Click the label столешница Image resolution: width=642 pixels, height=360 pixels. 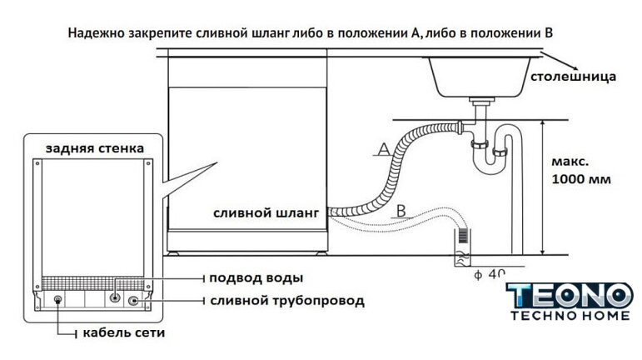tap(573, 77)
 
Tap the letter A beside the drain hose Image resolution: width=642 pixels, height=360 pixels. tap(384, 149)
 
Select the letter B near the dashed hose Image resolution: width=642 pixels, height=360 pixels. tap(401, 211)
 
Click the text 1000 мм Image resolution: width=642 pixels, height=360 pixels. tap(581, 179)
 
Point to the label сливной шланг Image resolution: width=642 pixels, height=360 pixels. tap(266, 213)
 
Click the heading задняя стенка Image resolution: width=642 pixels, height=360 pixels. tap(95, 148)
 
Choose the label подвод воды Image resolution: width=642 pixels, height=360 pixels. tap(256, 278)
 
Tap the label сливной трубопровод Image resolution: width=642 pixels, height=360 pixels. tap(287, 301)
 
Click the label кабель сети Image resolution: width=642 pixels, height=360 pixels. tap(123, 332)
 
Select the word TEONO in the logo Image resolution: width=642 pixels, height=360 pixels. tap(570, 296)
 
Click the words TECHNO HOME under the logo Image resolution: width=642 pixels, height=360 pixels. tap(570, 315)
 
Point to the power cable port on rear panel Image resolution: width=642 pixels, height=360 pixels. tap(58, 301)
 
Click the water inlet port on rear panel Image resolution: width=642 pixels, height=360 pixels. tap(116, 297)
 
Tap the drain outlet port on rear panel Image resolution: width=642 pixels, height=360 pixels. tap(133, 301)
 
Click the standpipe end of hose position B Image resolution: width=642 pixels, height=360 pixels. tap(463, 247)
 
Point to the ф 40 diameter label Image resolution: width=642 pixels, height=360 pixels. tap(490, 274)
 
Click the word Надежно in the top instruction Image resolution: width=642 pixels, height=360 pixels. tap(96, 32)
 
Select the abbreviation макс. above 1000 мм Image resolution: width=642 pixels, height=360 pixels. tap(570, 162)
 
